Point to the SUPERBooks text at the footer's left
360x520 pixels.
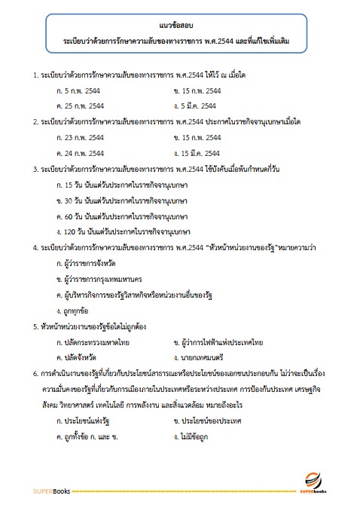[51, 492]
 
